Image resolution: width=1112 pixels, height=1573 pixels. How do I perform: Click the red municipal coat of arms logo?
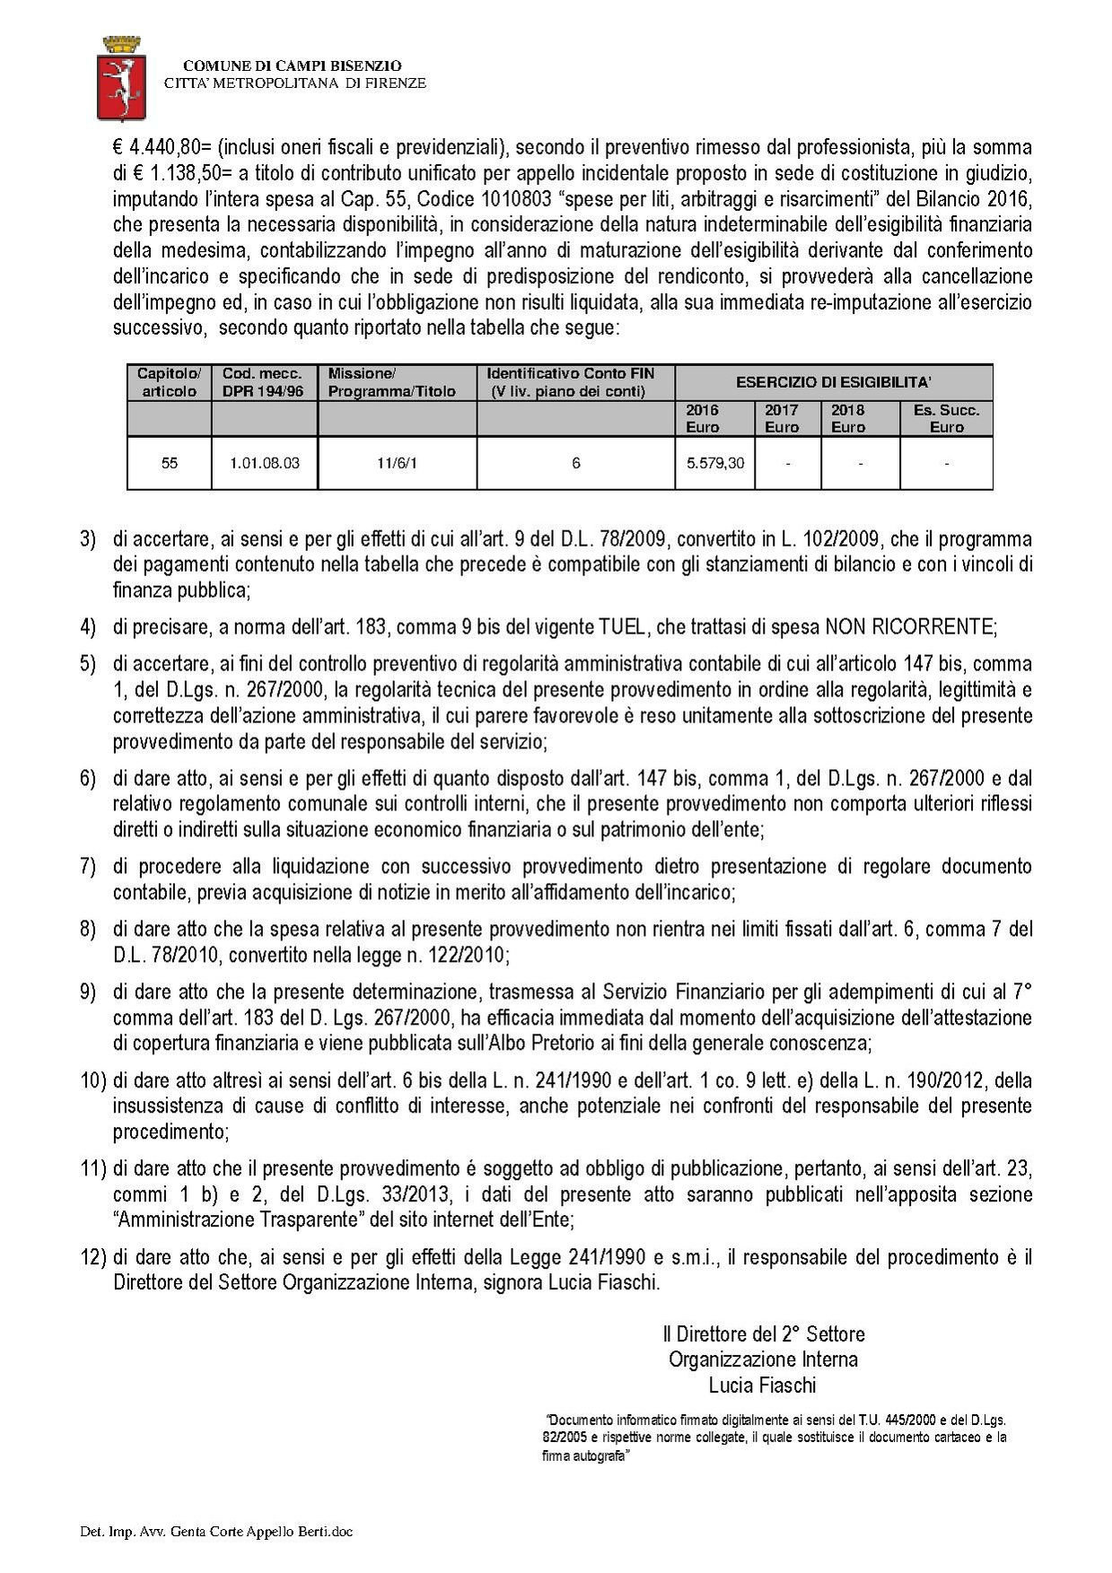coord(120,77)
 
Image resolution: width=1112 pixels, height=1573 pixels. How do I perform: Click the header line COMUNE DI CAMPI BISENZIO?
coord(292,66)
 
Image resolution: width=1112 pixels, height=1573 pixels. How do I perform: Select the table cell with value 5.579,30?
coord(714,463)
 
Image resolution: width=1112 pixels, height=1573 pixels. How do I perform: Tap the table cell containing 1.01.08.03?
coord(264,463)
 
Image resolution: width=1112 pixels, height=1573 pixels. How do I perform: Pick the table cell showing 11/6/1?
coord(397,463)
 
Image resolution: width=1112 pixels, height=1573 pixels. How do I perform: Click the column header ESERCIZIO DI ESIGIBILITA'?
coord(833,382)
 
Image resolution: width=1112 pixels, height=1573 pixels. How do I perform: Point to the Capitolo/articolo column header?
coord(169,382)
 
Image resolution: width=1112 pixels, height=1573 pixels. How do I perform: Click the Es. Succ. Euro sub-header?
coord(946,418)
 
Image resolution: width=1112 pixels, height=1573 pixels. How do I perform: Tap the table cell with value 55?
coord(169,463)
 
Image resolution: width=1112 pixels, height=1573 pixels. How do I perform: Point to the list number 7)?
coord(88,867)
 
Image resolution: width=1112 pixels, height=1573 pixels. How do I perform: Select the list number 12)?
coord(93,1257)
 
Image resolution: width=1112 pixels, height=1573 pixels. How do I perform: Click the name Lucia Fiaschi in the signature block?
coord(762,1385)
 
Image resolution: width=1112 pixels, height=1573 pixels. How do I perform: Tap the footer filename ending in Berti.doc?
coord(216,1531)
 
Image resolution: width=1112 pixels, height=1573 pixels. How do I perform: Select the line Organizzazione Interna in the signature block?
coord(763,1359)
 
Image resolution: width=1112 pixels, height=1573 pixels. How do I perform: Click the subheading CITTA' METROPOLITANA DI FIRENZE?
coord(294,83)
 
